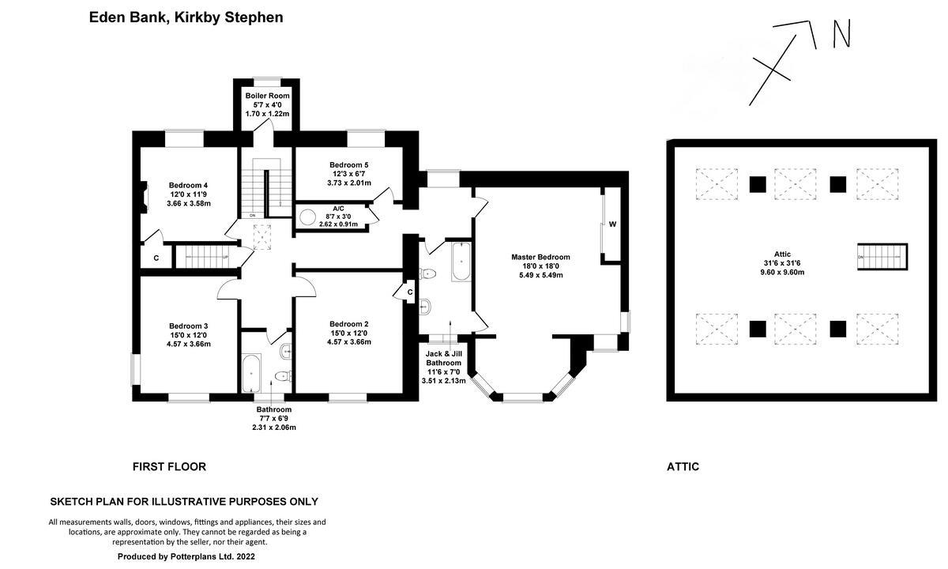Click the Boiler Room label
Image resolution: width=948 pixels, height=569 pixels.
tap(267, 104)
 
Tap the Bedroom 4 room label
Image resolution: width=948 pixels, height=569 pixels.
tap(188, 194)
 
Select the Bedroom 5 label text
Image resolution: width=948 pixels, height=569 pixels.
tap(349, 174)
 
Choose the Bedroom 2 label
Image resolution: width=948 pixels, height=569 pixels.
tap(349, 333)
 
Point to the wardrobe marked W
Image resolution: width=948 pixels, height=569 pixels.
tap(612, 224)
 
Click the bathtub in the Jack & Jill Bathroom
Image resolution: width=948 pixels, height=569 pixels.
tap(461, 262)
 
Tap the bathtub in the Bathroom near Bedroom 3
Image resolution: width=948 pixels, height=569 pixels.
tap(251, 373)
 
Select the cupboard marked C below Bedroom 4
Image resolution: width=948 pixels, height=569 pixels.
tap(156, 258)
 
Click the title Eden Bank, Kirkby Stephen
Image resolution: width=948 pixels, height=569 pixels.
tap(186, 17)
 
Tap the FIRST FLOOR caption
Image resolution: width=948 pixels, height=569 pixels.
tap(169, 467)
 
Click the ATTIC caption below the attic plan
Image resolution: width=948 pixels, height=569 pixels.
tap(683, 467)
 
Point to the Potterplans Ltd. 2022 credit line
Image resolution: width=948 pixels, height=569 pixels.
tap(186, 556)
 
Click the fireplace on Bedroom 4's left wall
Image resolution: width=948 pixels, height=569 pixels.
tap(143, 195)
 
